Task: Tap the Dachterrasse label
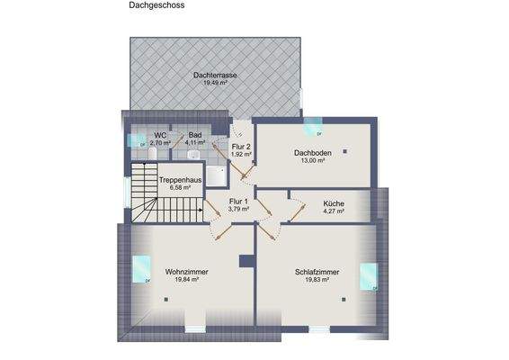point(215,75)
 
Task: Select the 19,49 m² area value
point(215,83)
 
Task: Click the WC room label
point(160,134)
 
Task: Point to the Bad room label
point(195,134)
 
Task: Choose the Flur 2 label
point(241,146)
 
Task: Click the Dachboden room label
point(312,153)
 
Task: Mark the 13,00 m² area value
point(312,161)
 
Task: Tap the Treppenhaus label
point(178,180)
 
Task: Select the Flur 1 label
point(239,201)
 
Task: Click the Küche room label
point(334,203)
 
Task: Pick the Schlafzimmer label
point(316,271)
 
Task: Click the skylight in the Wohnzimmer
point(142,268)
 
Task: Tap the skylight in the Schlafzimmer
point(369,275)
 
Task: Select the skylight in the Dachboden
point(313,124)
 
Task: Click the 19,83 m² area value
point(316,279)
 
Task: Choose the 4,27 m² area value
point(334,211)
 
